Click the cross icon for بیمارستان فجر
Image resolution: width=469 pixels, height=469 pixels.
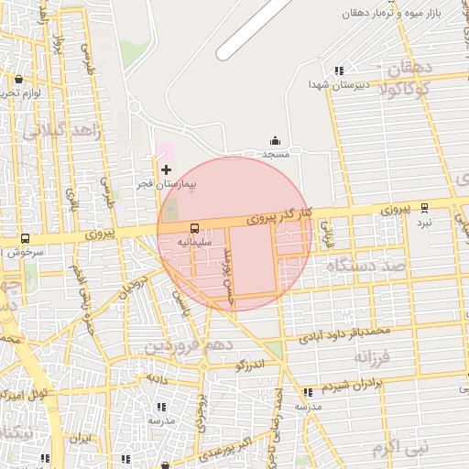(x=166, y=169)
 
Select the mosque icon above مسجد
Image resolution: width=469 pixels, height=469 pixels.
(x=276, y=140)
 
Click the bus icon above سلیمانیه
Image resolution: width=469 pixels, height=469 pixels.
(x=194, y=228)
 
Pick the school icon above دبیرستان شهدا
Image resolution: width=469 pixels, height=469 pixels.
(x=339, y=71)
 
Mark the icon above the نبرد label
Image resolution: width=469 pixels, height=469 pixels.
(x=423, y=208)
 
